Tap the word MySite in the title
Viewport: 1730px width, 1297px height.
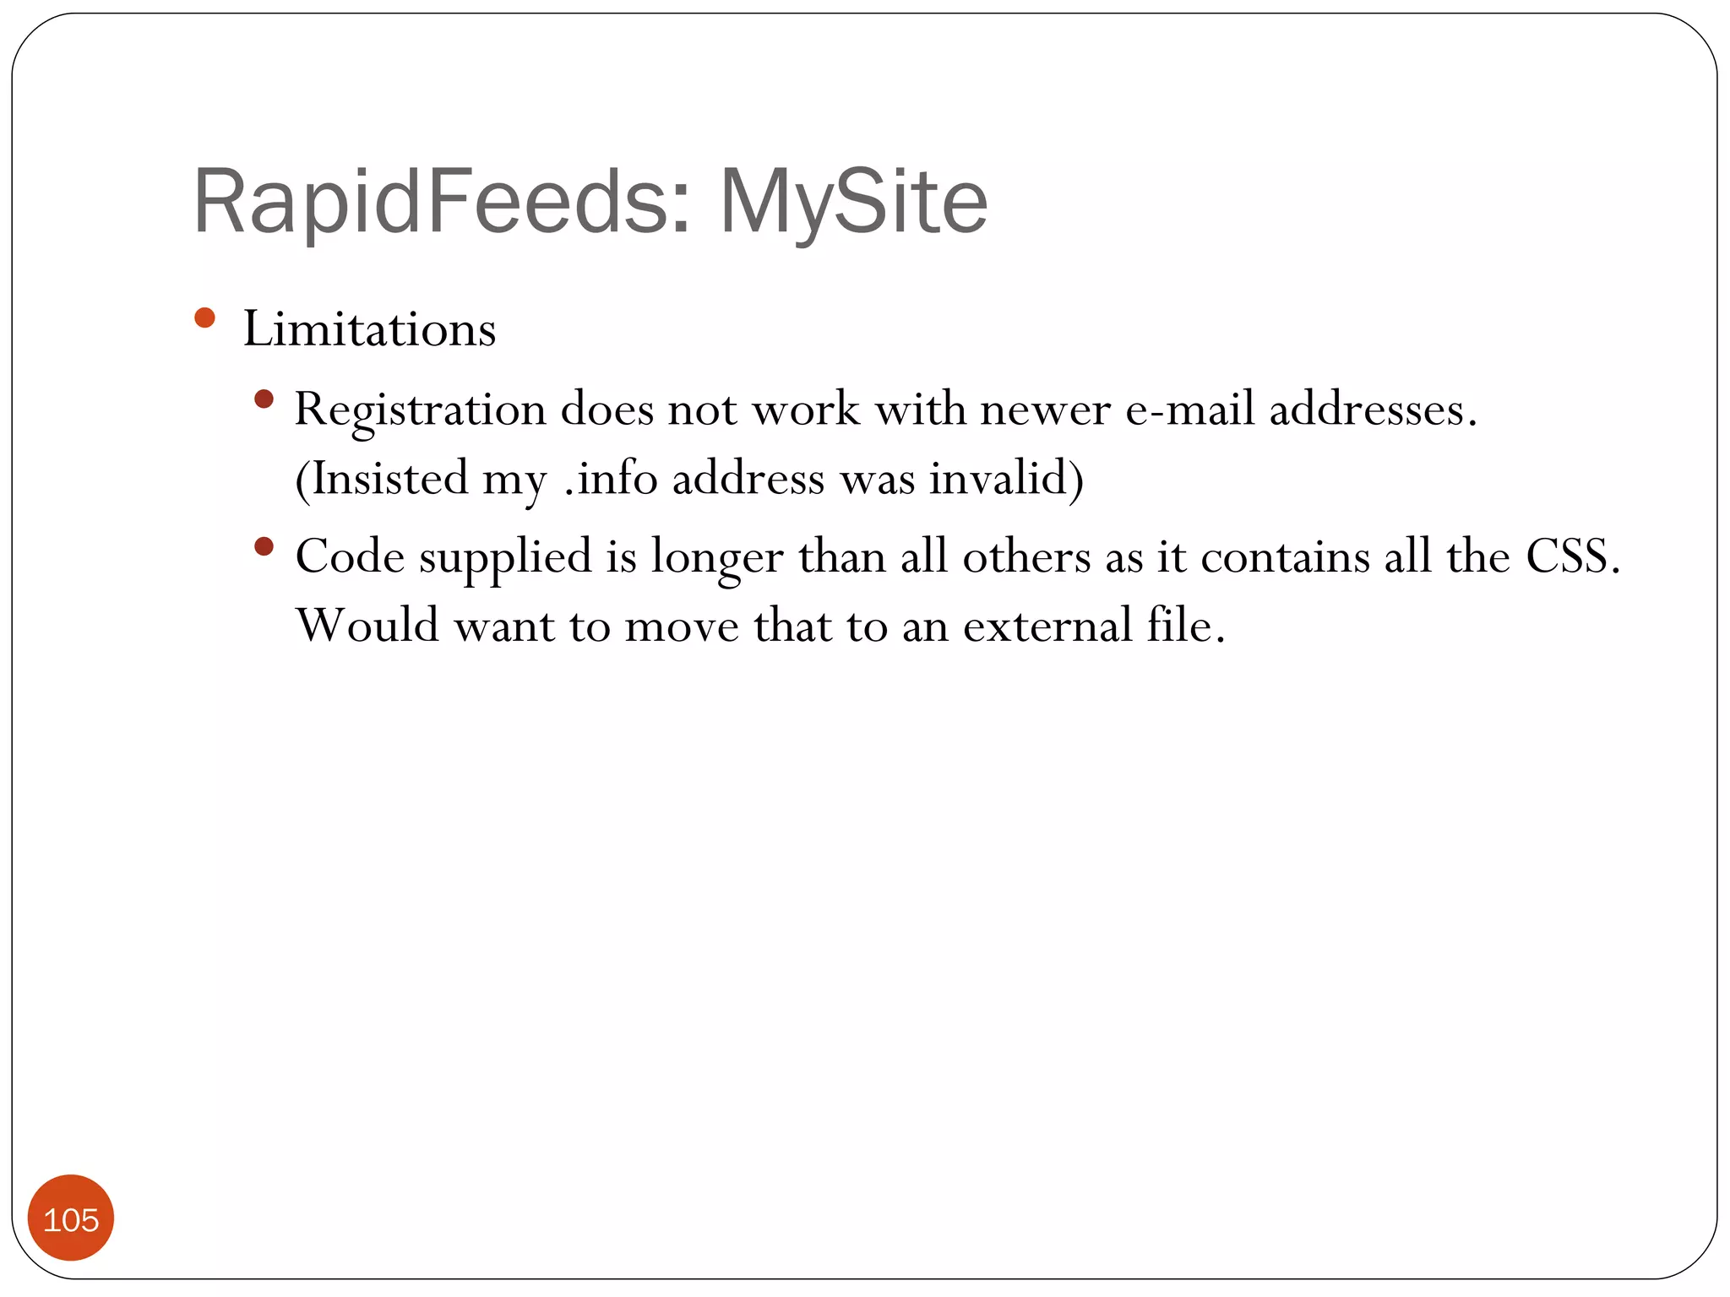click(853, 203)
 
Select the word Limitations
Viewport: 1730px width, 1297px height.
click(369, 328)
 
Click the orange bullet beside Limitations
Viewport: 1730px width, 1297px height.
click(204, 317)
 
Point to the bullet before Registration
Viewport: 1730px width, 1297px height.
click(264, 399)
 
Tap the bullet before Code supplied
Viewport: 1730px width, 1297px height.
click(264, 546)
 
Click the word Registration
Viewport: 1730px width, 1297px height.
click(420, 410)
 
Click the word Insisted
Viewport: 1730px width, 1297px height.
click(389, 479)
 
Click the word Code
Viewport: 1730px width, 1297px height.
click(350, 556)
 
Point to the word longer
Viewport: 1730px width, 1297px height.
click(716, 558)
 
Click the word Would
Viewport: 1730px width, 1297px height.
click(367, 626)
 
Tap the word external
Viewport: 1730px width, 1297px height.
click(1047, 626)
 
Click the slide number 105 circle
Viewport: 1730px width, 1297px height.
click(71, 1218)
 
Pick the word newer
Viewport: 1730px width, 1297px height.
click(1045, 410)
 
